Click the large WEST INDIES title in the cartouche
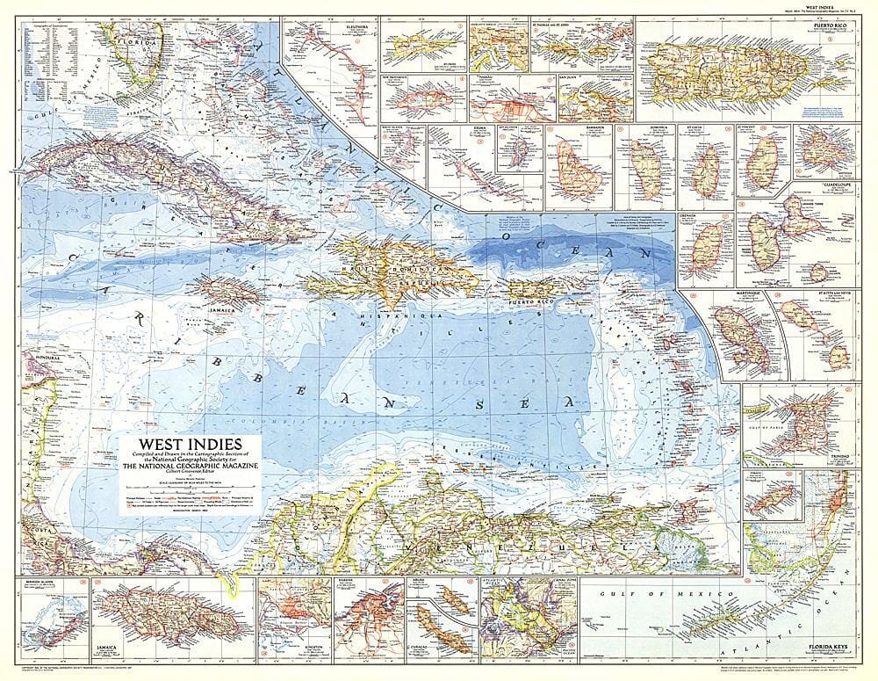174,432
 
